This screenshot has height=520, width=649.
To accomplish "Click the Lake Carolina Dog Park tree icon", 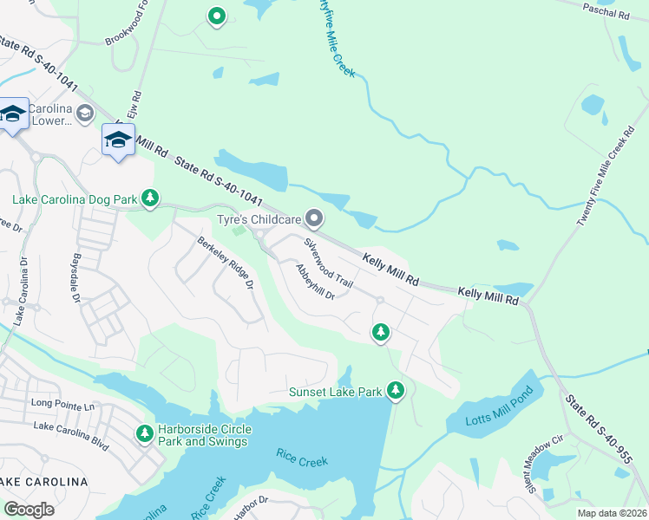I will [150, 199].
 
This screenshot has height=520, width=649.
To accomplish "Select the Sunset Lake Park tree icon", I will [396, 392].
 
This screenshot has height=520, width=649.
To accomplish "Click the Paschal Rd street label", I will [606, 12].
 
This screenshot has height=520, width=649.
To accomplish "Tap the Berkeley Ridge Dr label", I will [224, 263].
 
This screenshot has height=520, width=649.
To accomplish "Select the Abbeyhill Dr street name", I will [315, 283].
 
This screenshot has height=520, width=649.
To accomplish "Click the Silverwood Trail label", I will [329, 262].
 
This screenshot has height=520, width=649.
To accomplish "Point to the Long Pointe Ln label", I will [62, 403].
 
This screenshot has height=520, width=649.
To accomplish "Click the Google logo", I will [29, 509].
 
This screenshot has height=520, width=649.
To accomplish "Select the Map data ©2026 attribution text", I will [610, 513].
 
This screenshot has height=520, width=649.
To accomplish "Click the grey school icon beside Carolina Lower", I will [85, 114].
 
